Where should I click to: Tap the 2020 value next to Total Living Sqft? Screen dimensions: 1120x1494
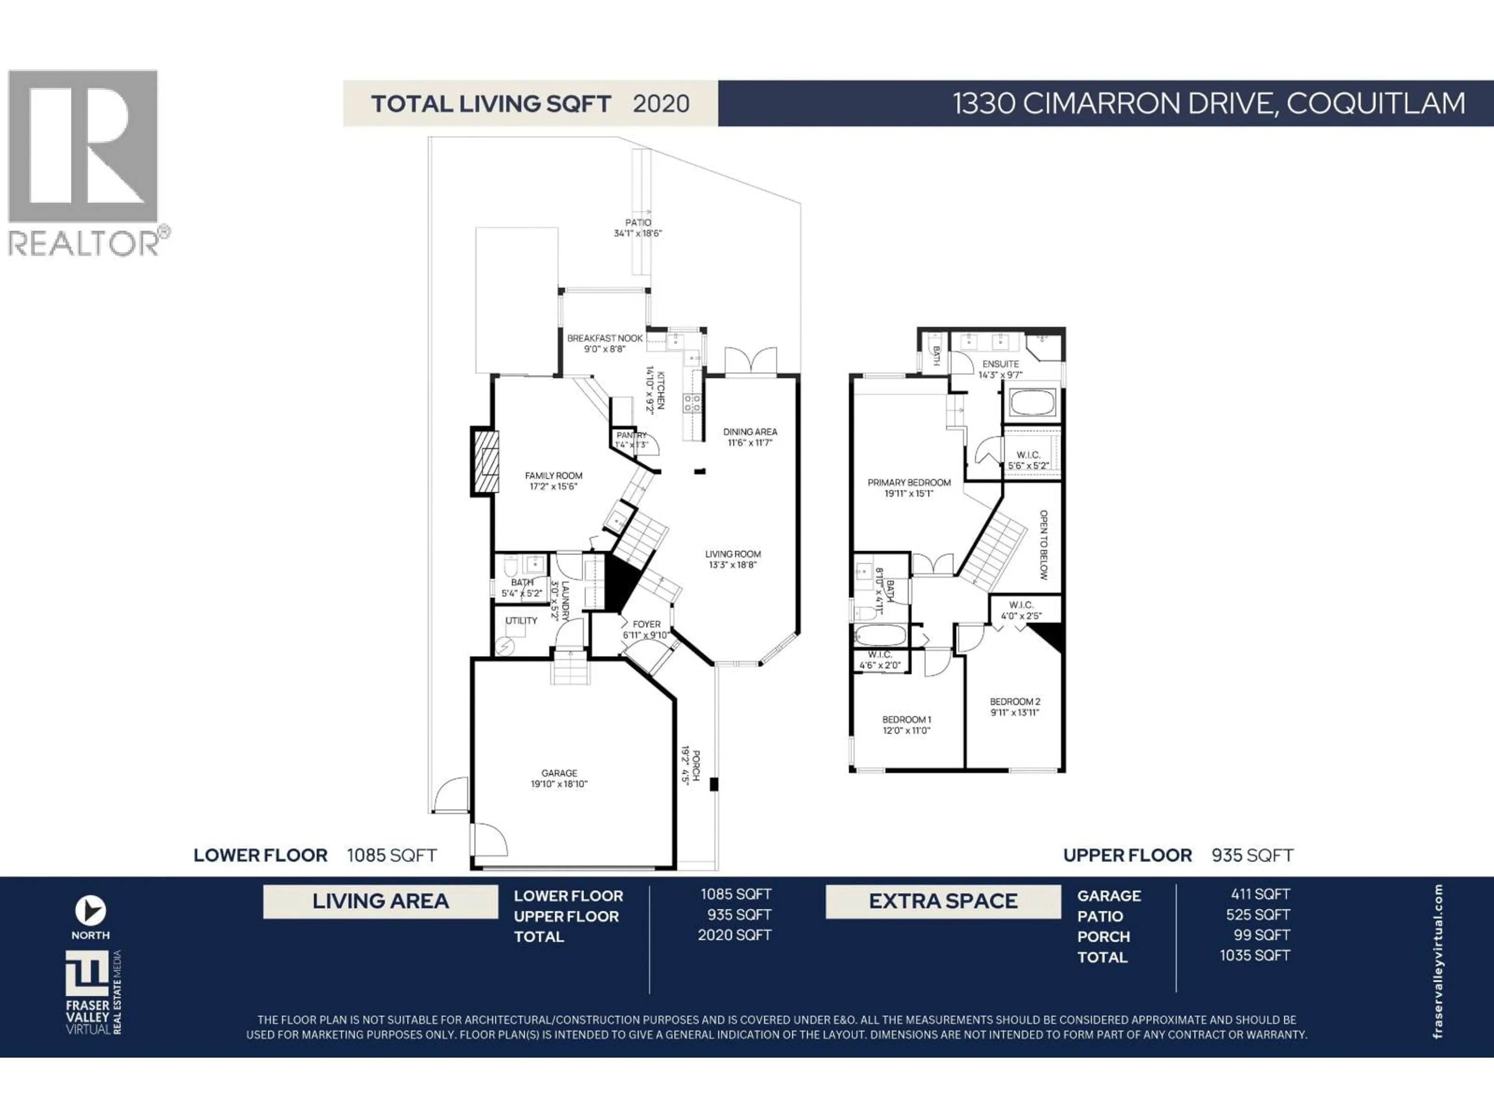661,104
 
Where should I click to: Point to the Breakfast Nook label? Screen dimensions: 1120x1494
605,338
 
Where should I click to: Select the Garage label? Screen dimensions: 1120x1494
559,773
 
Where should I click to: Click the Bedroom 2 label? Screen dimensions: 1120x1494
1014,702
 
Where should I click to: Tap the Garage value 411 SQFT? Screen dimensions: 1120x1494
1260,894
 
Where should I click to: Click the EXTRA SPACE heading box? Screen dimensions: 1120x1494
942,901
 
